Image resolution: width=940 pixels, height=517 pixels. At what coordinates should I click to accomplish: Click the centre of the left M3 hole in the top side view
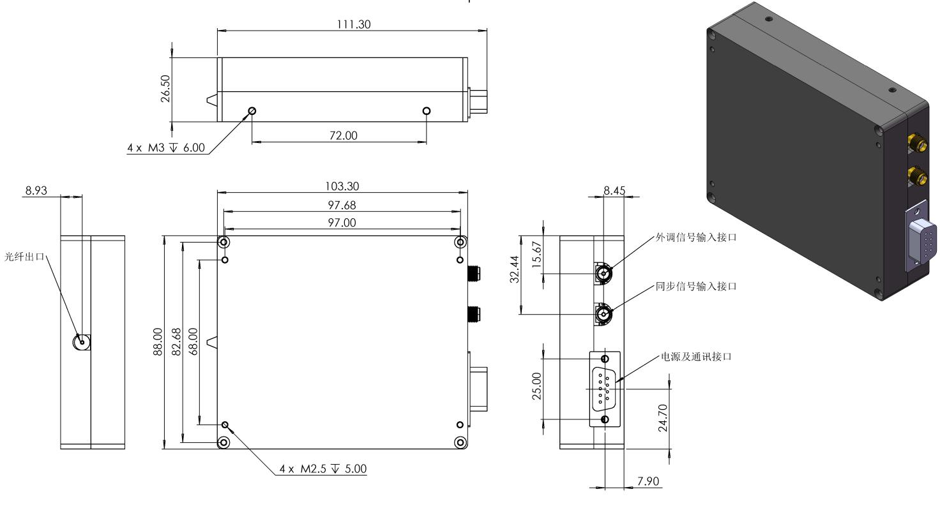[x=252, y=110]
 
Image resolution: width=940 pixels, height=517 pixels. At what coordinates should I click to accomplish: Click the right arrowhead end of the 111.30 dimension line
[x=487, y=31]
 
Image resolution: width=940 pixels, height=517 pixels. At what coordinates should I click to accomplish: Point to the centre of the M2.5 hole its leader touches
[x=225, y=424]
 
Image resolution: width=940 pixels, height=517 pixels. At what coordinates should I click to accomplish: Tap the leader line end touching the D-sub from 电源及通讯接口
[x=616, y=382]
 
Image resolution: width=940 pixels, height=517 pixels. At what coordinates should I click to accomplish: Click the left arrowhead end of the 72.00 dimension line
[x=252, y=142]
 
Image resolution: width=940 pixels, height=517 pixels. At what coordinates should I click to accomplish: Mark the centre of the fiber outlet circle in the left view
[x=81, y=342]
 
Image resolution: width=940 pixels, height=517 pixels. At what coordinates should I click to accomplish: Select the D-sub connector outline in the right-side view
[x=605, y=389]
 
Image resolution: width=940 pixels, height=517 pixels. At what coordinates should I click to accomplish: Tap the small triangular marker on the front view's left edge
[x=213, y=342]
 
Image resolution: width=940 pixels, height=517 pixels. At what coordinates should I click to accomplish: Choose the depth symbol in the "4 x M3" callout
[x=173, y=147]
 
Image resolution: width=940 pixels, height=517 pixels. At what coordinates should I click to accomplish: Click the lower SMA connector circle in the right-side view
[x=603, y=313]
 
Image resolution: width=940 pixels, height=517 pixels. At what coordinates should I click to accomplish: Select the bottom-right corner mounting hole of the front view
[x=460, y=442]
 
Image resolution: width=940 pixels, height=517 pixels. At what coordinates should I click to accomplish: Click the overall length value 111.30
[x=354, y=24]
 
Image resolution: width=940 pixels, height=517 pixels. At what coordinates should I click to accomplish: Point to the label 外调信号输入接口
[x=696, y=237]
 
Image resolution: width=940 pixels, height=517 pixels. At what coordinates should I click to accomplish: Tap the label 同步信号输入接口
[x=696, y=287]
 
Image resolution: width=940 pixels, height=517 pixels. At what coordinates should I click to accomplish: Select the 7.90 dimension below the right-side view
[x=648, y=481]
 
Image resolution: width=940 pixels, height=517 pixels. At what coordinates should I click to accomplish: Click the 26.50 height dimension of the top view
[x=165, y=89]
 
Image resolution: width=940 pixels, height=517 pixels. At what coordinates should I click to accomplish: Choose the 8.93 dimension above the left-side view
[x=36, y=191]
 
